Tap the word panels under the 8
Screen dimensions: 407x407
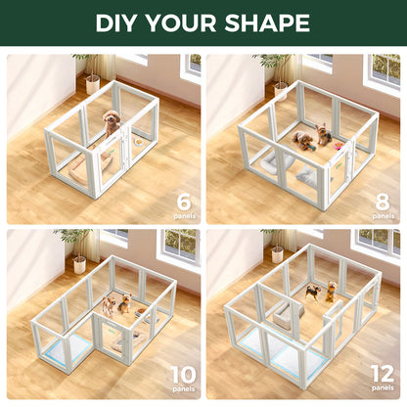[x=384, y=214]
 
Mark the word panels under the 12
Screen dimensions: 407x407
[x=383, y=389]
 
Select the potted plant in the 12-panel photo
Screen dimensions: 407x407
[x=277, y=247]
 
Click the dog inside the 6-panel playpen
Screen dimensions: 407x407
[x=112, y=122]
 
